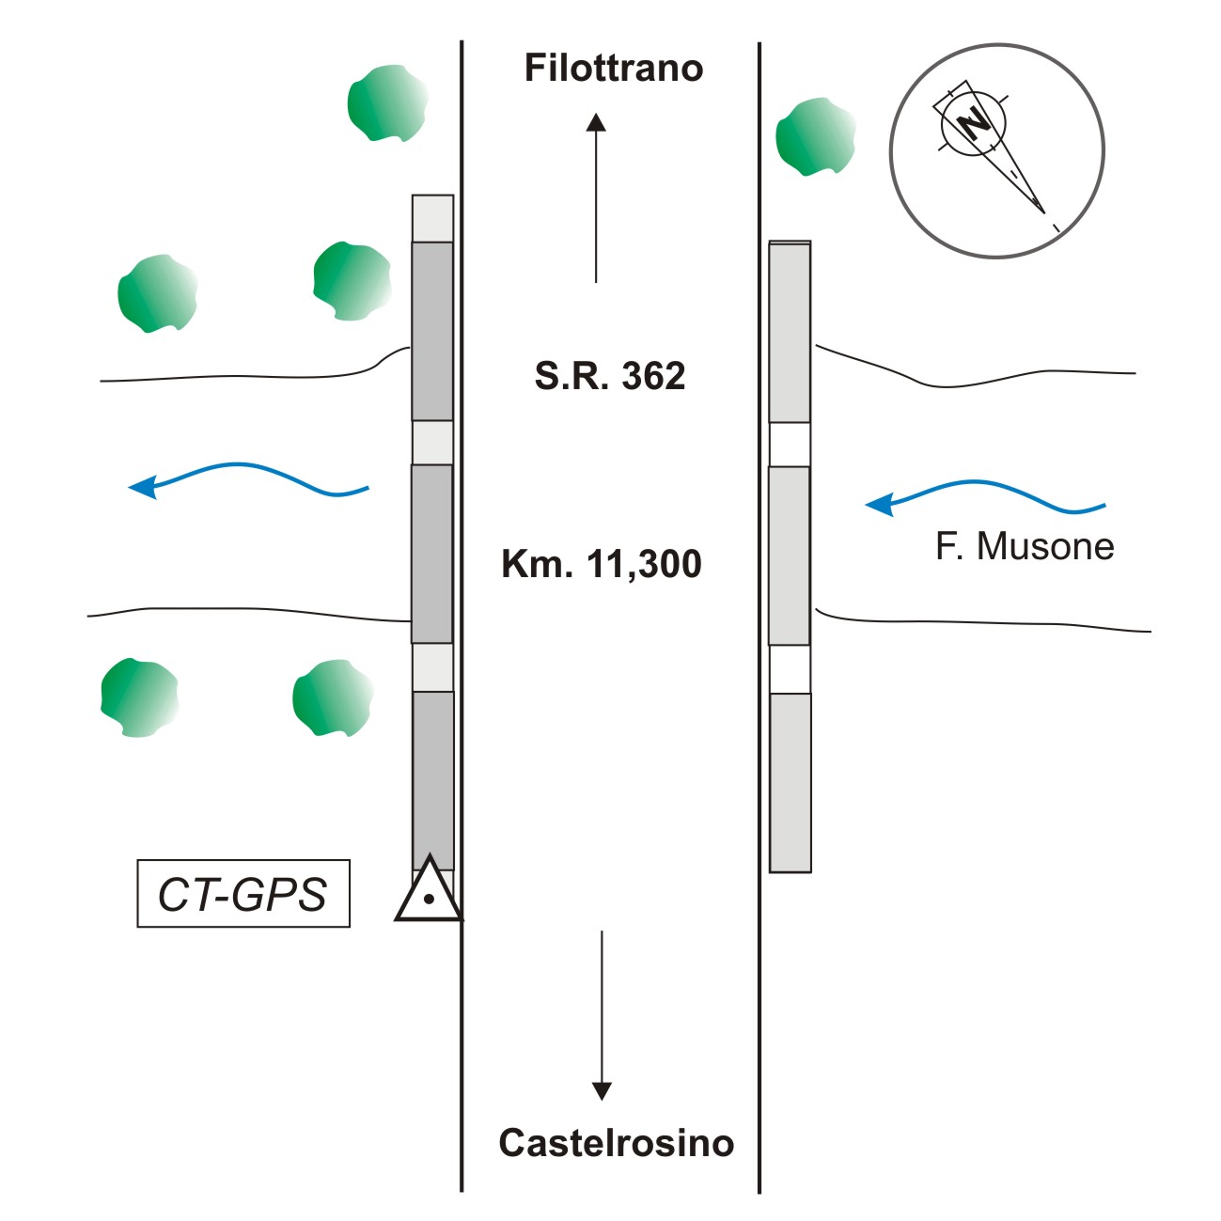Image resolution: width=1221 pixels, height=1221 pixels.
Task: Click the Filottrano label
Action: point(613,69)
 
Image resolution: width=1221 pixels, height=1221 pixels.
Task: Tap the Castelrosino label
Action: point(616,1142)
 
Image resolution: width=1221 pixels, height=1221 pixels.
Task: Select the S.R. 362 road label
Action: point(610,376)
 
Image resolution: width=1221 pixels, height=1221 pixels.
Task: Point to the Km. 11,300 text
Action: point(602,564)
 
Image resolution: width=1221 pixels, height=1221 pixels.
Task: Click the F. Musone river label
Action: point(1025,546)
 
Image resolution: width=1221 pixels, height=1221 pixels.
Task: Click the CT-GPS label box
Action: point(243,894)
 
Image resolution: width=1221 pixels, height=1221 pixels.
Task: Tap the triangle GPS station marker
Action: point(429,891)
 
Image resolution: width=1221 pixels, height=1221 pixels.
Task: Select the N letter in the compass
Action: point(976,121)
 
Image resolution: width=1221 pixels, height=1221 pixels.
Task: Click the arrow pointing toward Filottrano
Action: point(596,197)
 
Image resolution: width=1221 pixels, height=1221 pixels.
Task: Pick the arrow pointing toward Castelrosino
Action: point(602,1015)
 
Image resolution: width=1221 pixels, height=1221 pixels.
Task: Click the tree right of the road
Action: point(815,137)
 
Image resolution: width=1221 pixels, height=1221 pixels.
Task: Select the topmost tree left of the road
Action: point(387,102)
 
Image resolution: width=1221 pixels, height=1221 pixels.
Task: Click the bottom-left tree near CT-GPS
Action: point(139,697)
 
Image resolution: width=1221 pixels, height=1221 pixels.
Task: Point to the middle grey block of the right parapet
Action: point(790,556)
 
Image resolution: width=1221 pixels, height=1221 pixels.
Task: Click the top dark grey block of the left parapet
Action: point(432,331)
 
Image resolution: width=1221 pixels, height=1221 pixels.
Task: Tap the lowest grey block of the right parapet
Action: point(791,782)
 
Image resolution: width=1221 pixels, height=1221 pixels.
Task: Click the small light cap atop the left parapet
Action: point(432,218)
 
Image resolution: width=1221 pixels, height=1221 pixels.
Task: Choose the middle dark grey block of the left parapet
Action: point(432,554)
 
